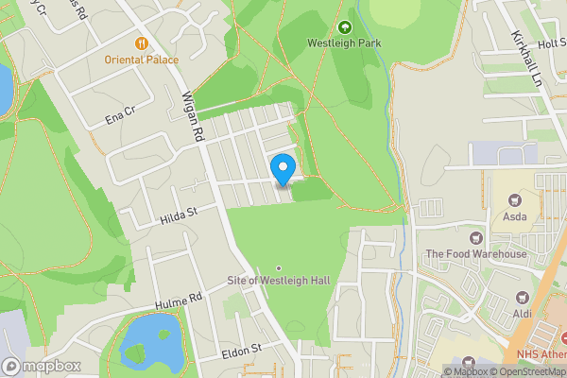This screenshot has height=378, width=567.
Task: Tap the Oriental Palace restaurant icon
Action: (143, 43)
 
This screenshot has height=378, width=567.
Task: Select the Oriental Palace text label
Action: (143, 60)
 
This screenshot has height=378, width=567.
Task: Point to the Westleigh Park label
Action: (344, 43)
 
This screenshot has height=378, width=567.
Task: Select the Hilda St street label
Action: (178, 215)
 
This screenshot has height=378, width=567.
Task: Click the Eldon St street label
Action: (242, 351)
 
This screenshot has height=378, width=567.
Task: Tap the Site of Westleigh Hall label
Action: (279, 283)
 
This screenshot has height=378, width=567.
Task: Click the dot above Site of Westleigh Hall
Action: (279, 268)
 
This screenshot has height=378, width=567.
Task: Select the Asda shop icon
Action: (515, 200)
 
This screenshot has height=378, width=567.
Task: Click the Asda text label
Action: (515, 217)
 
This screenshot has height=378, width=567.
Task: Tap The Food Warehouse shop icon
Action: (475, 238)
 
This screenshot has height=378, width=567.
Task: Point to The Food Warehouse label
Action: (475, 254)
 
